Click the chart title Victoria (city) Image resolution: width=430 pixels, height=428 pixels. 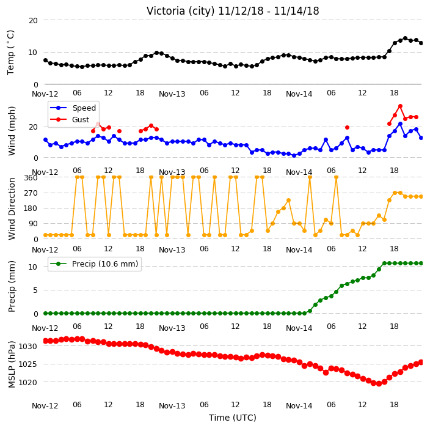pyautogui.click(x=181, y=11)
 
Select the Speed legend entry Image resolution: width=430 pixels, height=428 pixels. pyautogui.click(x=73, y=108)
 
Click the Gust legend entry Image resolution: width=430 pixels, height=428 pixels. pyautogui.click(x=70, y=119)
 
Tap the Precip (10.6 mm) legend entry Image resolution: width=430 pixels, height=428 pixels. pyautogui.click(x=94, y=264)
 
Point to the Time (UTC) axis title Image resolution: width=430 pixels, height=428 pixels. pyautogui.click(x=233, y=418)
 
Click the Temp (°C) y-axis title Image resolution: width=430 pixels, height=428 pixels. pyautogui.click(x=10, y=53)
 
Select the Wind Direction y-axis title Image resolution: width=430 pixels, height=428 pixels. pyautogui.click(x=12, y=209)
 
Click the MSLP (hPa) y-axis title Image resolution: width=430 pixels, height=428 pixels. pyautogui.click(x=12, y=364)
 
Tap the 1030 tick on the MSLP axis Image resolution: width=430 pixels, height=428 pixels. pyautogui.click(x=27, y=346)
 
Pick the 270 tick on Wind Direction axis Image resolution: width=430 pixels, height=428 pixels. pyautogui.click(x=31, y=193)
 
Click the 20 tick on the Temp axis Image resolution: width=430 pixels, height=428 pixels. pyautogui.click(x=33, y=21)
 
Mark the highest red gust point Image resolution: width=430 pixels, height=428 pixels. pyautogui.click(x=400, y=106)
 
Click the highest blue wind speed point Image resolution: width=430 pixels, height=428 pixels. pyautogui.click(x=400, y=124)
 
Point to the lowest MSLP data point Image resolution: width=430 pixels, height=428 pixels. pyautogui.click(x=379, y=383)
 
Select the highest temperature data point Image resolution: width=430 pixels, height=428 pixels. pyautogui.click(x=405, y=39)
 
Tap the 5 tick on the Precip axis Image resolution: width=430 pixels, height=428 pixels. pyautogui.click(x=35, y=290)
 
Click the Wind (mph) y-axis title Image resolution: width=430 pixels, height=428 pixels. pyautogui.click(x=12, y=131)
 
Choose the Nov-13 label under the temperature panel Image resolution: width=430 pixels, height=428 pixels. pyautogui.click(x=172, y=94)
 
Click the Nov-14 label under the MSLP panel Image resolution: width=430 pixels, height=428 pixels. pyautogui.click(x=299, y=406)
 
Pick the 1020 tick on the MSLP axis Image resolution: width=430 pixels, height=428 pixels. pyautogui.click(x=27, y=382)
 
